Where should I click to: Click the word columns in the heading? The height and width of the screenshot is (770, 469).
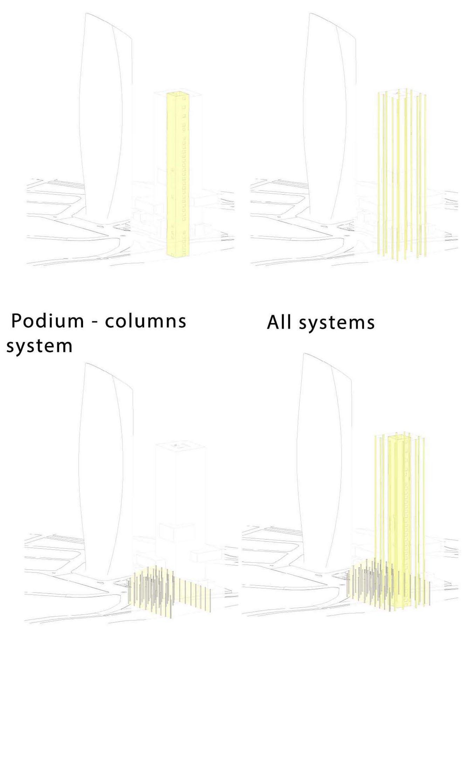click(146, 321)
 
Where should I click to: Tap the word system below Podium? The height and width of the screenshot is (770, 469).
click(39, 346)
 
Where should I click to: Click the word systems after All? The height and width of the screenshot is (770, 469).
click(336, 322)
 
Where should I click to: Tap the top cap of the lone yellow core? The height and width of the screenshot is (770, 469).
click(179, 94)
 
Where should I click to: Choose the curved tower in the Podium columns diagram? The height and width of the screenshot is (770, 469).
click(105, 473)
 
